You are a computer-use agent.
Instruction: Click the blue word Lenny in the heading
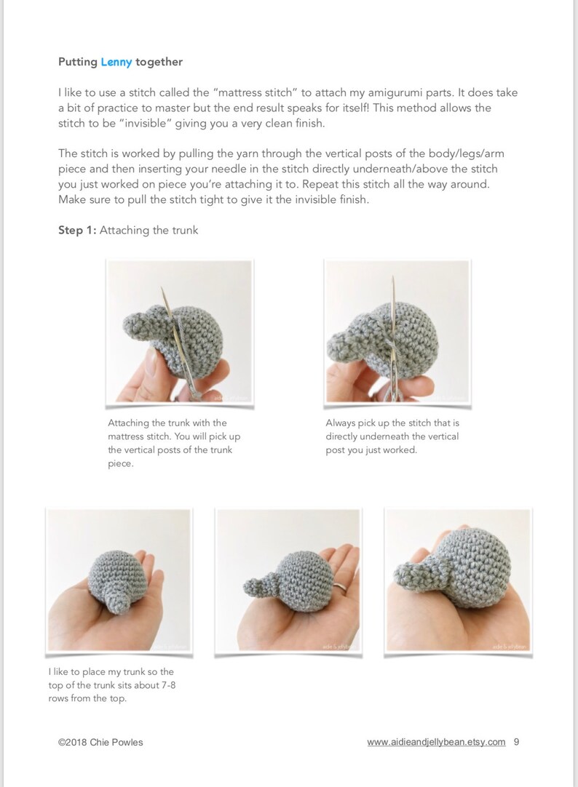116,62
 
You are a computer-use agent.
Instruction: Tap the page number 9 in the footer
516,742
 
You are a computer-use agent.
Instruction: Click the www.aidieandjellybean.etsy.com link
436,742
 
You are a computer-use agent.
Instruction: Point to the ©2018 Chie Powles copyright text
100,742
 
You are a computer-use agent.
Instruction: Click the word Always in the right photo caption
341,423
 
